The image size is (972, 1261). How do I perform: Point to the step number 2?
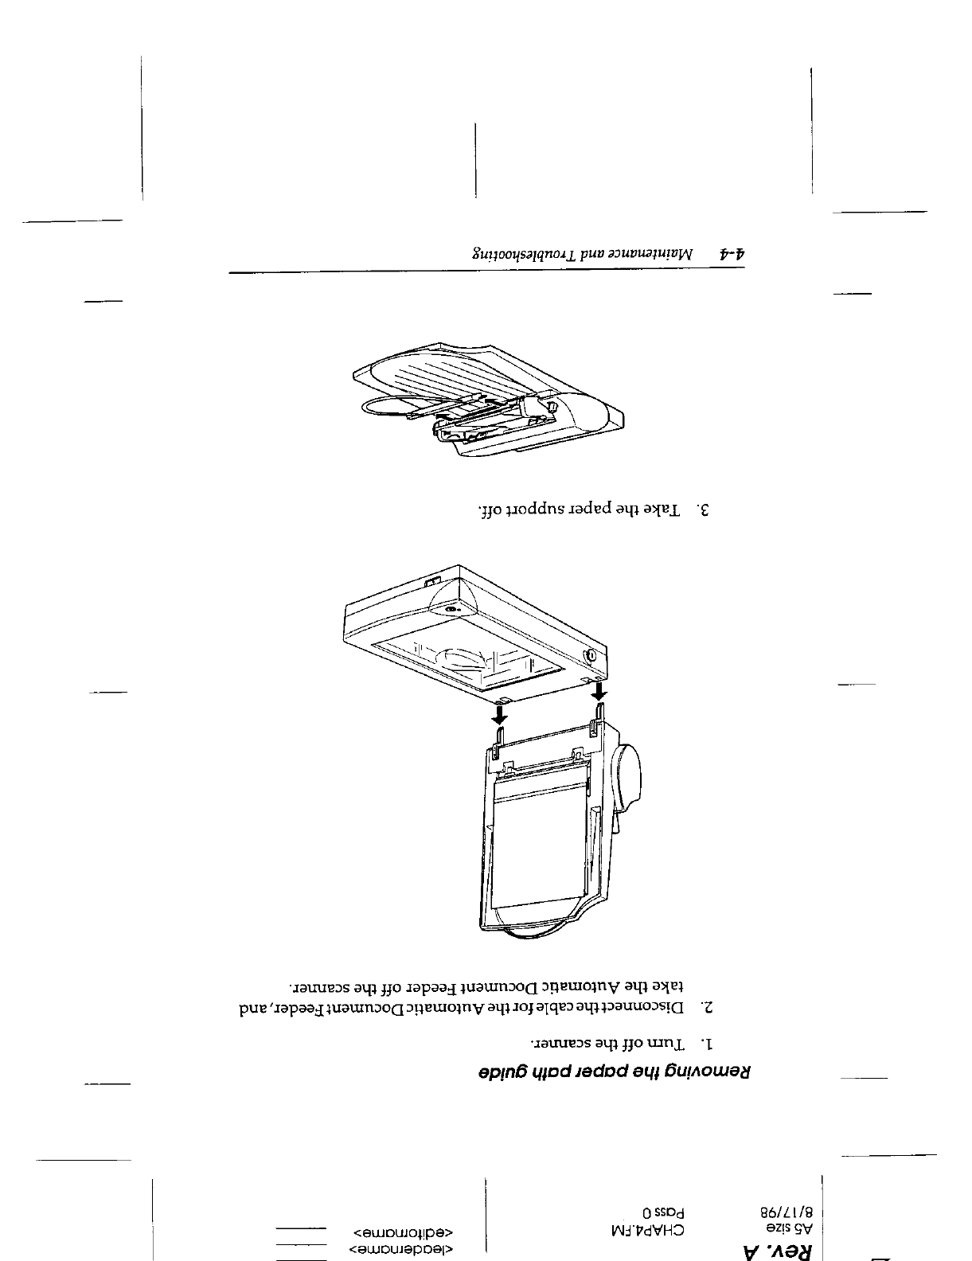[x=705, y=1008]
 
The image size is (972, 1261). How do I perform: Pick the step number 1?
[x=705, y=1042]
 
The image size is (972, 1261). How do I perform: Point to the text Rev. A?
[x=776, y=1247]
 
